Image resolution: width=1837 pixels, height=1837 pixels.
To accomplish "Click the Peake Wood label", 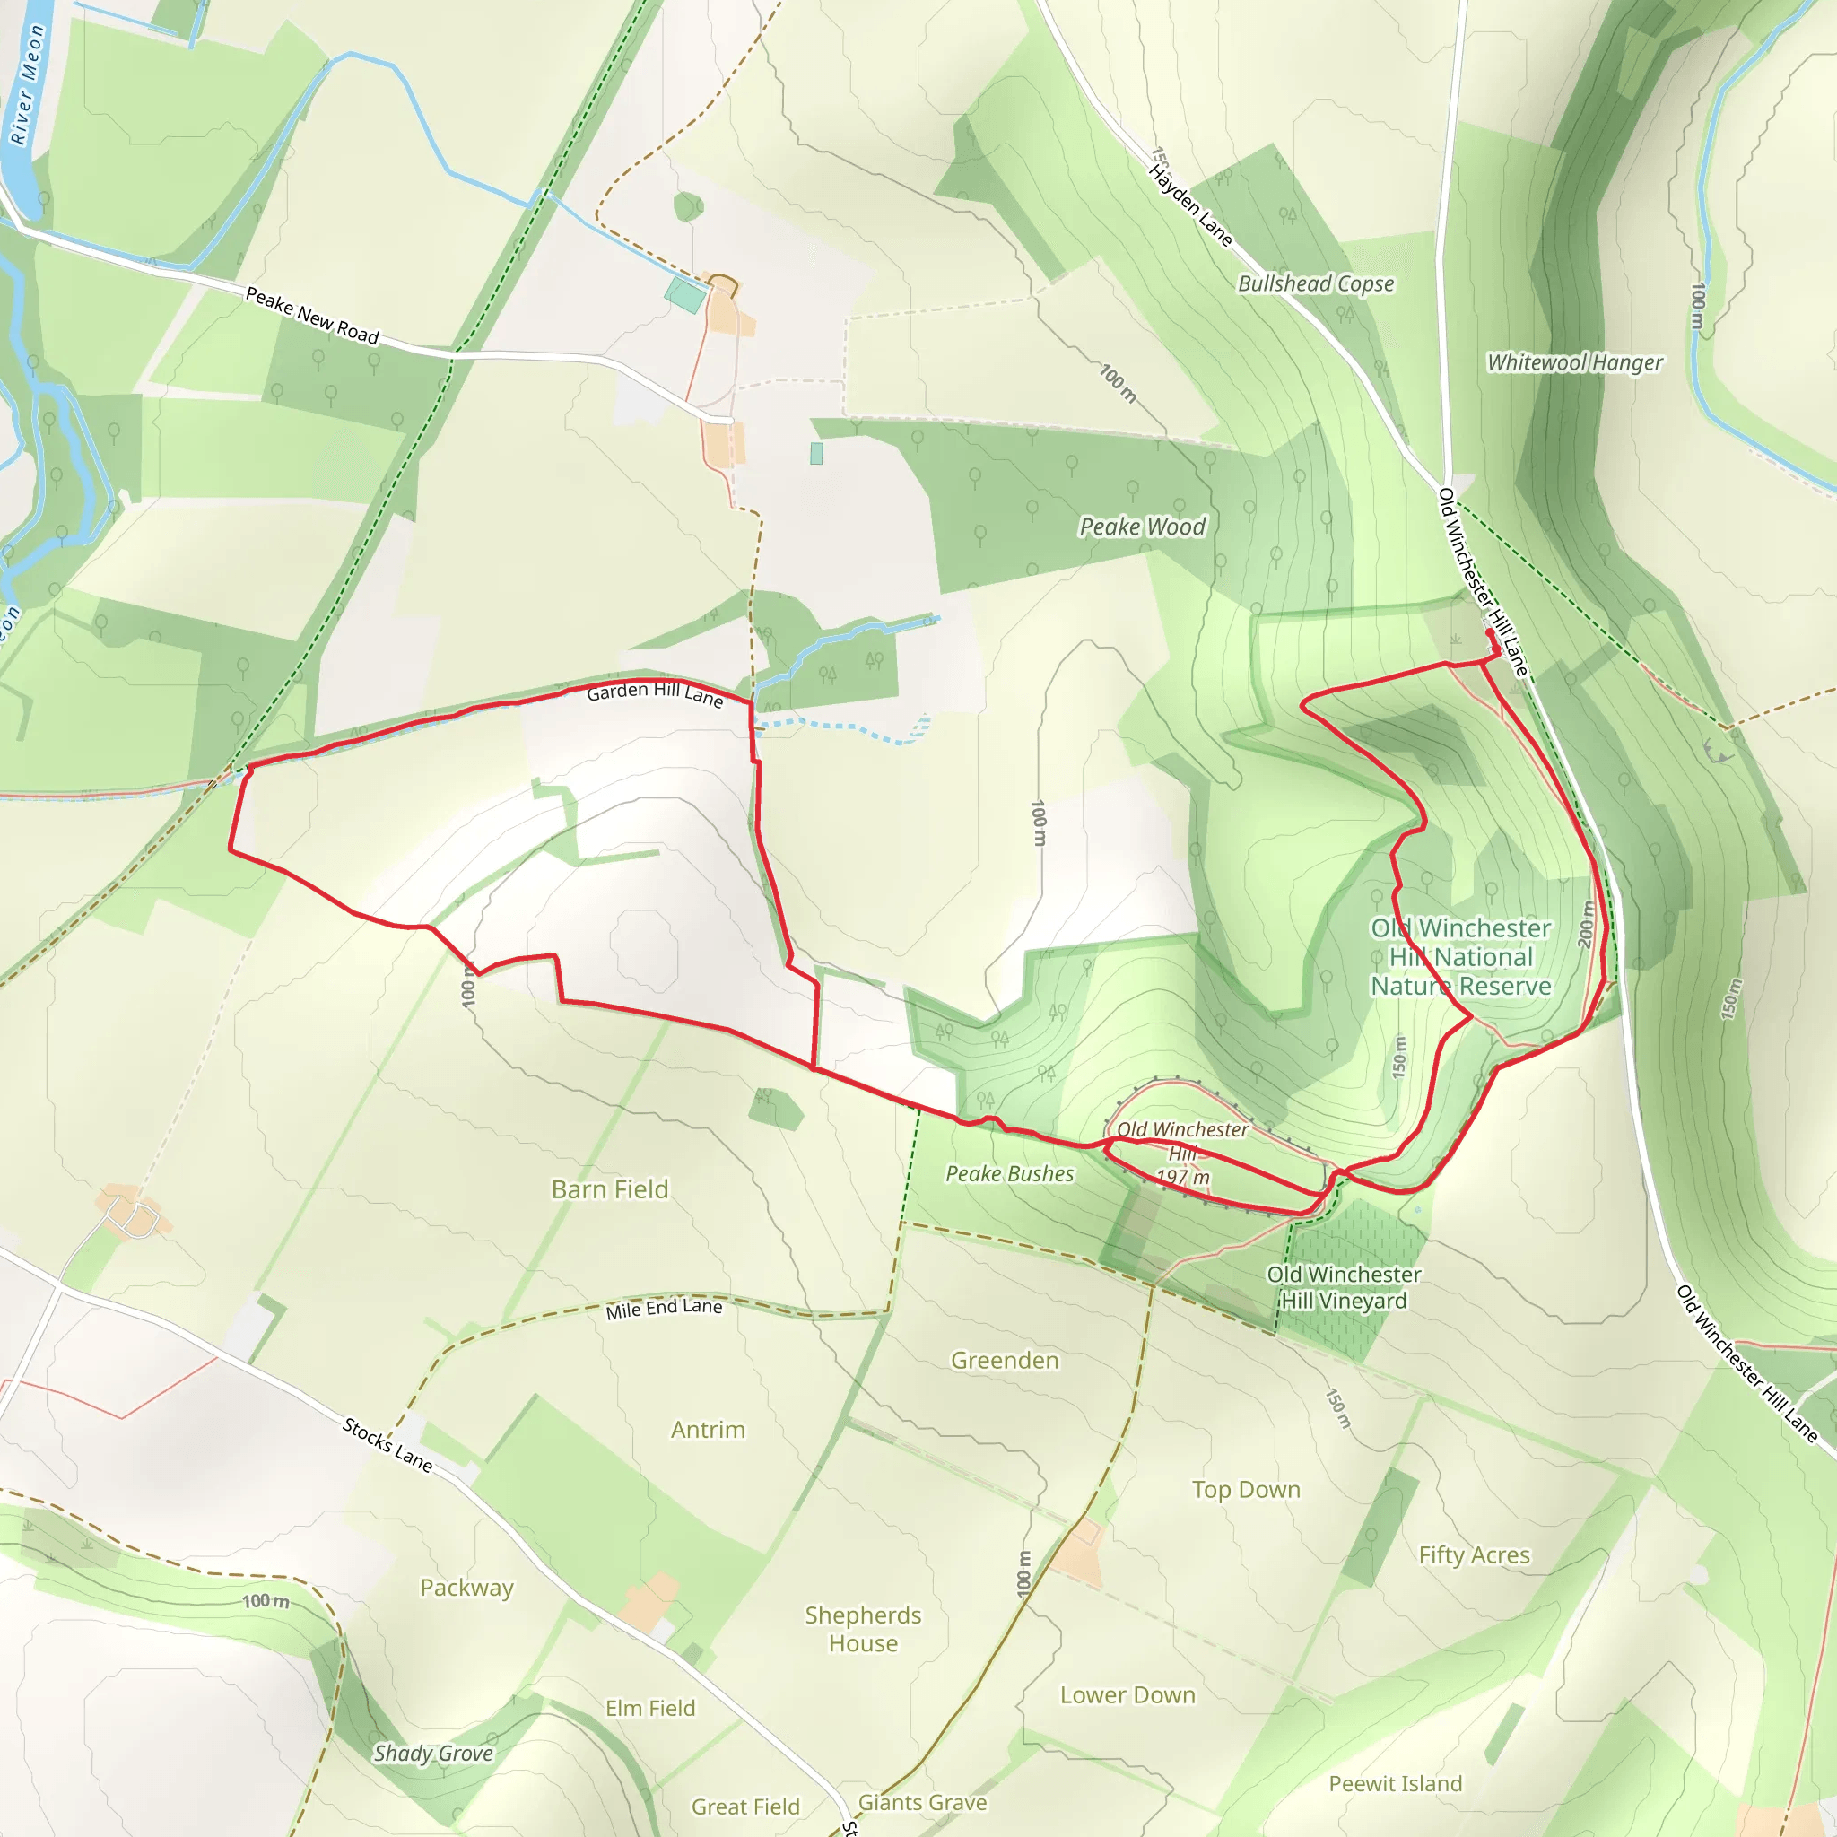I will [x=1142, y=527].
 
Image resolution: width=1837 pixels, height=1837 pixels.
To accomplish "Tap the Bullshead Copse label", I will [x=1316, y=283].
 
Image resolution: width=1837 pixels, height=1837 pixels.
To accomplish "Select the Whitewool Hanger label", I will [x=1574, y=362].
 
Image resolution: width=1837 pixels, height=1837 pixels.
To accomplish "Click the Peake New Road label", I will [x=312, y=315].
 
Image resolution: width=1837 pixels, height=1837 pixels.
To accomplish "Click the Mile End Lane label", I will [x=664, y=1309].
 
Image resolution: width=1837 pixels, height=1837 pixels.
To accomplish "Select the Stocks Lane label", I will [x=387, y=1444].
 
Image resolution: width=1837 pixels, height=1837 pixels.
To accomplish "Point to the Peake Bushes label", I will [x=1009, y=1174].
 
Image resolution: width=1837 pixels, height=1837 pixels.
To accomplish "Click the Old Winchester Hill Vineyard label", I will [x=1344, y=1287].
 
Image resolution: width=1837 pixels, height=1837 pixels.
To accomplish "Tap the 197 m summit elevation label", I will [x=1183, y=1177].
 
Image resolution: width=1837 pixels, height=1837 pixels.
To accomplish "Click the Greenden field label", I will [x=1004, y=1361].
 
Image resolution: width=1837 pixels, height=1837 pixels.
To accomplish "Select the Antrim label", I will [x=708, y=1430].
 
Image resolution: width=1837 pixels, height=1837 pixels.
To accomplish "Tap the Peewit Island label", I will [x=1395, y=1784].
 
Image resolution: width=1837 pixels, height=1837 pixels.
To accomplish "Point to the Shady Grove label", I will [x=432, y=1754].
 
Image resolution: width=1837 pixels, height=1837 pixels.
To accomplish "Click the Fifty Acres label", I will [x=1474, y=1554].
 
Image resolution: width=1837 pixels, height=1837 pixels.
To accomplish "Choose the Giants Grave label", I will [x=921, y=1803].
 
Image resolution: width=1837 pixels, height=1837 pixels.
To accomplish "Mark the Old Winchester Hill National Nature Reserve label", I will [x=1460, y=956].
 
